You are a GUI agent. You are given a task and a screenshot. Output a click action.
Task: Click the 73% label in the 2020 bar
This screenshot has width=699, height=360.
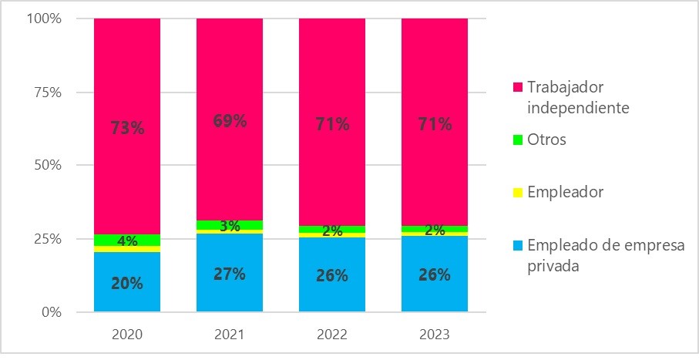point(127,128)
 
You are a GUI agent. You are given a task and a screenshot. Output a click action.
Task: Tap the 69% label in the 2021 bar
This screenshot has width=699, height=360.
point(230,121)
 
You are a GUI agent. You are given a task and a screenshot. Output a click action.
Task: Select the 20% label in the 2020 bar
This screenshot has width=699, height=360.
point(127,283)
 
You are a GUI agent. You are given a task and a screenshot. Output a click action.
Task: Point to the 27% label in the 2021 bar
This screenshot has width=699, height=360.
point(230,274)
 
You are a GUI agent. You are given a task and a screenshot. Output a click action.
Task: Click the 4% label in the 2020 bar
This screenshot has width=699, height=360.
point(127,241)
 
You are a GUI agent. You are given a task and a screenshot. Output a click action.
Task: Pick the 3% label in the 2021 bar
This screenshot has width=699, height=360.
point(230,227)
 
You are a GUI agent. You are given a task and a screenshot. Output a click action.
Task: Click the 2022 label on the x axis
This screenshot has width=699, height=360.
point(332,335)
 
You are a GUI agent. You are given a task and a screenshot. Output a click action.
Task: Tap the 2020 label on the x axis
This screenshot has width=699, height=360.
point(127,335)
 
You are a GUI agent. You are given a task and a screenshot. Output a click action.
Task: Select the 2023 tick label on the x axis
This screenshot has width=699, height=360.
point(435,335)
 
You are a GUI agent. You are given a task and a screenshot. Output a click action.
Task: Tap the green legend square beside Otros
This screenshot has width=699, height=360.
point(518,140)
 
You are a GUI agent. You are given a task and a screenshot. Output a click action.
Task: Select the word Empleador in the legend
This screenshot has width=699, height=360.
point(564,193)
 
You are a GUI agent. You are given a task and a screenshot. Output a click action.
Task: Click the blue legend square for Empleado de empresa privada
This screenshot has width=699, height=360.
point(518,245)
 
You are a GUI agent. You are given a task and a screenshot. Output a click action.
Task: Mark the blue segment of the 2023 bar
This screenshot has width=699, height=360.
point(435,293)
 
